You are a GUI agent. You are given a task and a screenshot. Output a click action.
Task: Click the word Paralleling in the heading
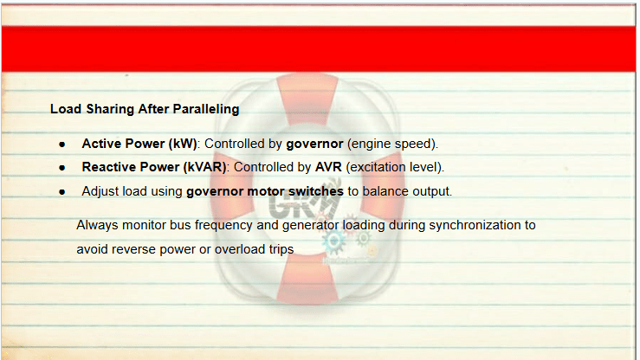coord(206,109)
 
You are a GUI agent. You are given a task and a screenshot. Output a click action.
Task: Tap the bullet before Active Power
coord(62,145)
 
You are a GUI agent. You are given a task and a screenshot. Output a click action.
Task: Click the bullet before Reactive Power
coord(62,168)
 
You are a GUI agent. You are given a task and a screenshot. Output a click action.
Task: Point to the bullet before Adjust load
coord(62,191)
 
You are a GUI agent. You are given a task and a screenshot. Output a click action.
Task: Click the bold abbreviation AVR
coord(328,167)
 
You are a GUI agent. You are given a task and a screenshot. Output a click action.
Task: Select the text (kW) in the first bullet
coord(183,144)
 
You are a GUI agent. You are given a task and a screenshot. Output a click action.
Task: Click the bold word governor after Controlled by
coord(314,145)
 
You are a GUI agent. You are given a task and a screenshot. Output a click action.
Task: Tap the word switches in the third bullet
coord(316,191)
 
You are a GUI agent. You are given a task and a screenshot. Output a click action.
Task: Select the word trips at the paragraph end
coord(281,249)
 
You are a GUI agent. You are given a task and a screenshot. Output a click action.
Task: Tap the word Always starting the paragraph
coord(97,226)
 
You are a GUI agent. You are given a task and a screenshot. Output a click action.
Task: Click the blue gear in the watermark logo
coord(334,241)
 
